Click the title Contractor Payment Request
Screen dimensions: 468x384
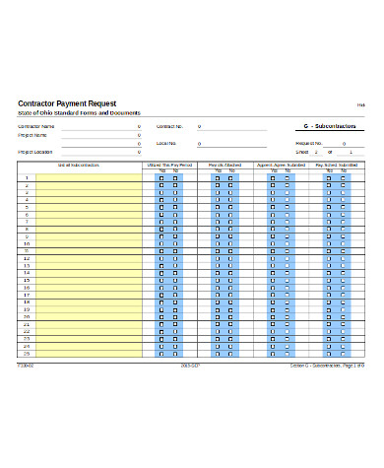pyautogui.click(x=67, y=103)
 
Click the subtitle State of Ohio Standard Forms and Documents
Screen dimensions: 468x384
pyautogui.click(x=79, y=114)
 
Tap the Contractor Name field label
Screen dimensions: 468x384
pyautogui.click(x=36, y=127)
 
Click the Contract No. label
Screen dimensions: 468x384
pyautogui.click(x=170, y=127)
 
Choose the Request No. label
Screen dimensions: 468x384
pyautogui.click(x=282, y=144)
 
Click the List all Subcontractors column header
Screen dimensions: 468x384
pyautogui.click(x=79, y=165)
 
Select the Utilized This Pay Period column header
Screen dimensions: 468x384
pyautogui.click(x=169, y=165)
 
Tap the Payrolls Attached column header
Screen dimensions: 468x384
pyautogui.click(x=224, y=165)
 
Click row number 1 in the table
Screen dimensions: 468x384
pyautogui.click(x=27, y=178)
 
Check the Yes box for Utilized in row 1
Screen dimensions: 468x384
pyautogui.click(x=162, y=178)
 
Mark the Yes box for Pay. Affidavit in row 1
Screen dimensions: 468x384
pyautogui.click(x=329, y=178)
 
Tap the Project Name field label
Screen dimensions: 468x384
pyautogui.click(x=32, y=135)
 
